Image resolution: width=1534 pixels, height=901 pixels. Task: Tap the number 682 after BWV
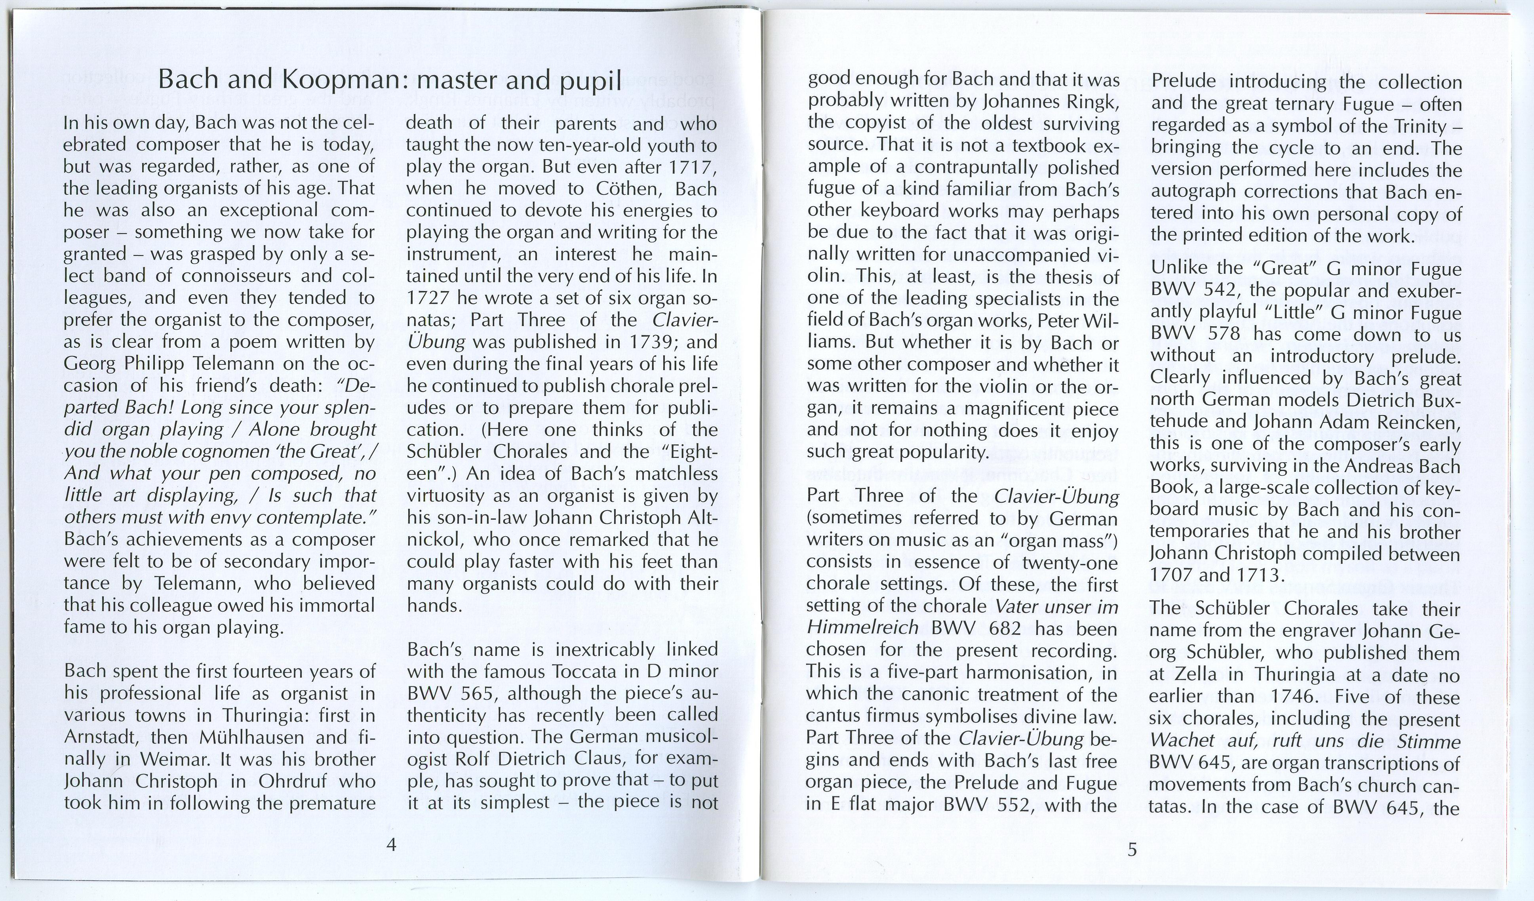coord(1013,628)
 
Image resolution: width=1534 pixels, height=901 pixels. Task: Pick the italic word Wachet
coord(1180,741)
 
